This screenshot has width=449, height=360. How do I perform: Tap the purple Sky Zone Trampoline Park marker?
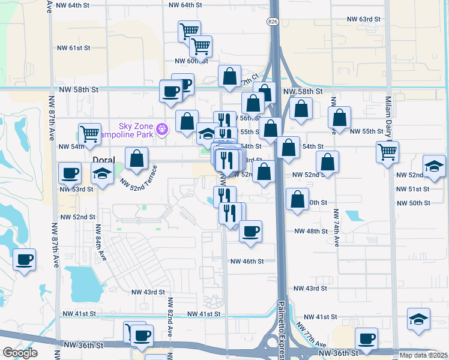(x=161, y=129)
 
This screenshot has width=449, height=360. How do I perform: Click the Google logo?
(x=20, y=353)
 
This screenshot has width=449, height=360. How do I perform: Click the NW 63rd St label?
(x=364, y=19)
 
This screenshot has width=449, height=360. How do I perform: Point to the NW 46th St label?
(x=247, y=262)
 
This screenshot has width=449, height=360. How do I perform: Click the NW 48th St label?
(x=311, y=231)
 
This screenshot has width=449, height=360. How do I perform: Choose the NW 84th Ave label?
(x=100, y=242)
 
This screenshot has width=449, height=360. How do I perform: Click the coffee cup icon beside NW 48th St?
(x=250, y=230)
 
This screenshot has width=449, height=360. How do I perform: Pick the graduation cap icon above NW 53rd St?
(x=102, y=175)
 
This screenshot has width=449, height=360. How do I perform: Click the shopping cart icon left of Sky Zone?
(x=89, y=133)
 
